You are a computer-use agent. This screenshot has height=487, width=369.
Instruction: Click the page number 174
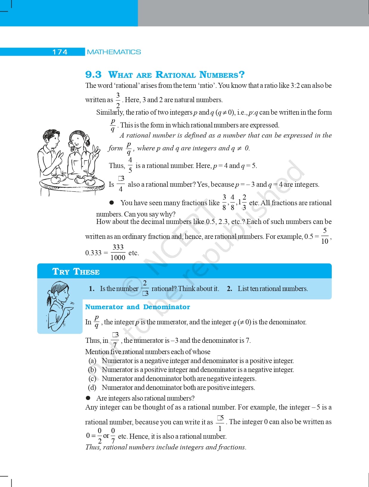click(60, 52)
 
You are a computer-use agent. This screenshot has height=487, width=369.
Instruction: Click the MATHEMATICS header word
click(114, 52)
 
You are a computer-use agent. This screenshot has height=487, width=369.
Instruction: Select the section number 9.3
click(93, 74)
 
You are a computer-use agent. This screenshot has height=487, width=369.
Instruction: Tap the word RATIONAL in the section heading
click(176, 74)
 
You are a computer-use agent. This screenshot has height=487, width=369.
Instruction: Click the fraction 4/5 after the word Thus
click(130, 165)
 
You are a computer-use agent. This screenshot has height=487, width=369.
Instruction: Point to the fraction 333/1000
click(118, 252)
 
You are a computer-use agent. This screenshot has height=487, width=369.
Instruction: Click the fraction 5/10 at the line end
click(325, 236)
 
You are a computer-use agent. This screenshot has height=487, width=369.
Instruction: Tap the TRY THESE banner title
click(76, 272)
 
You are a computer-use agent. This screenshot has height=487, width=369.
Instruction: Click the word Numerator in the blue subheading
click(104, 307)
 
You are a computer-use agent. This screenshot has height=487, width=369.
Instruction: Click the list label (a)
click(92, 361)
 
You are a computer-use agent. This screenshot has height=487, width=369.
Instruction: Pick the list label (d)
click(92, 388)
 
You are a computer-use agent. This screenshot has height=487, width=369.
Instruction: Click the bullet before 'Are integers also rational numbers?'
click(88, 398)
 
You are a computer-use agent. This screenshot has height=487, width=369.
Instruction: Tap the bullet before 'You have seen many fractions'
click(112, 203)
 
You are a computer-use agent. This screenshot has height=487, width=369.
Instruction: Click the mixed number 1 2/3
click(242, 202)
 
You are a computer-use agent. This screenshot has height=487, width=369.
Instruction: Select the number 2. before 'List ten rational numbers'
click(229, 289)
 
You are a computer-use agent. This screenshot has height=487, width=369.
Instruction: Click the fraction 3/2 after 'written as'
click(118, 100)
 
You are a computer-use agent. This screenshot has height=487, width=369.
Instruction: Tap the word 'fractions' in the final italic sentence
click(232, 447)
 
